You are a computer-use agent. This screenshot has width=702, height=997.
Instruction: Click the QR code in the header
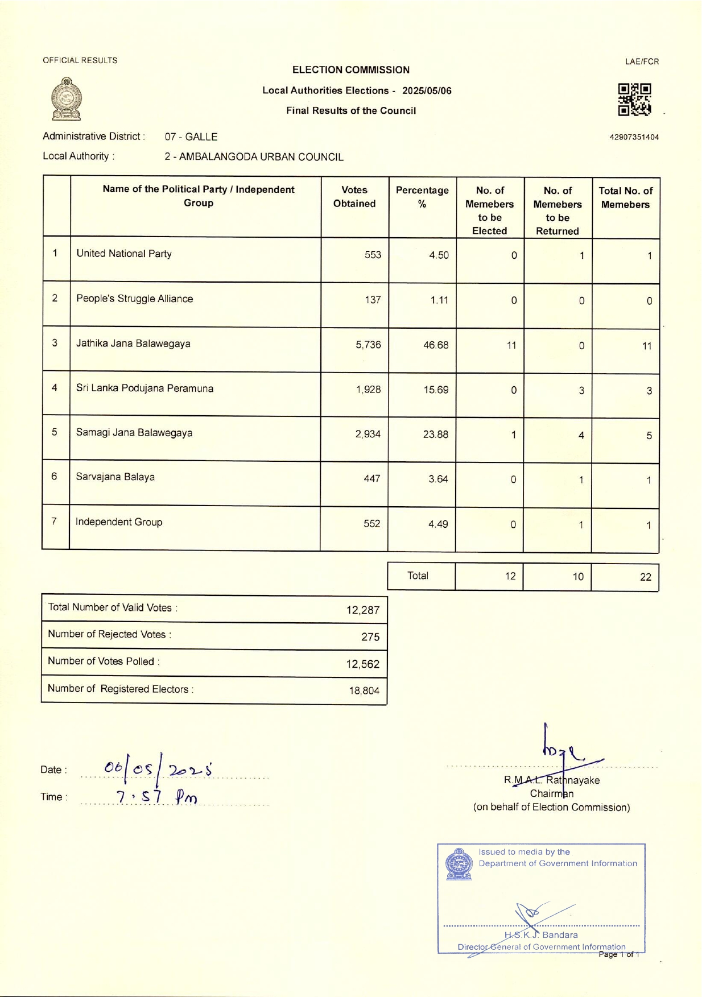coord(634,100)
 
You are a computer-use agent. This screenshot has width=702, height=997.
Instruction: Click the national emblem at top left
coord(67,99)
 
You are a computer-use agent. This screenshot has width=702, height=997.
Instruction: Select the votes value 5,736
coord(368,345)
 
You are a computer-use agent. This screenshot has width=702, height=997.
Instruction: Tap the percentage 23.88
coord(435,435)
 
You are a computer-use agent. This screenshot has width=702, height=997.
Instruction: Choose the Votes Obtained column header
coord(354,197)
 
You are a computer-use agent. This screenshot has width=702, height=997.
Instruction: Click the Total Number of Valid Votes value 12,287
coord(362,610)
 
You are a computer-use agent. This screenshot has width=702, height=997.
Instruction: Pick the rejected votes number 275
coord(370,637)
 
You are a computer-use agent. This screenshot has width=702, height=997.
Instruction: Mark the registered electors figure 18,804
coord(364,691)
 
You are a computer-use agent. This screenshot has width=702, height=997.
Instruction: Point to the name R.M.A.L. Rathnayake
coord(551,780)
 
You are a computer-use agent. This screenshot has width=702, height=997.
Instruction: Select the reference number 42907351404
coord(634,137)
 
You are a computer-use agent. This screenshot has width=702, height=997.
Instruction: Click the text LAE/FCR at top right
coord(642,61)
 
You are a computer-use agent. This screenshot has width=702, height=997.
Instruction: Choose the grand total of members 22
coord(645,577)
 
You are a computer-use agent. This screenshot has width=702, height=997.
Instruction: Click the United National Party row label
coord(124,254)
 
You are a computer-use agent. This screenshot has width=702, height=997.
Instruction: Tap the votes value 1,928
coord(368,390)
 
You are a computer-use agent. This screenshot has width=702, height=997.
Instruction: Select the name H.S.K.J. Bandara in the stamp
coord(540,935)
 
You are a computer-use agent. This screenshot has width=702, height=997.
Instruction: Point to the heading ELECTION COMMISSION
coord(350,70)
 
